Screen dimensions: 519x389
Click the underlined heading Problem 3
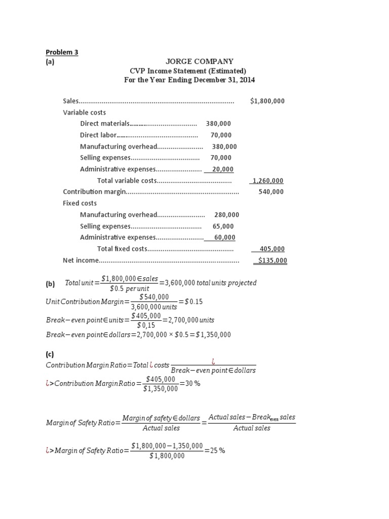[62, 52]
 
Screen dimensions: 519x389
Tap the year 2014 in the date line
[247, 80]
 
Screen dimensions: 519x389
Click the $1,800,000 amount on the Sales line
[267, 101]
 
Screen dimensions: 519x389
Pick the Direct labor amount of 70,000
[221, 135]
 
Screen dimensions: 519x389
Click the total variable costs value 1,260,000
[268, 180]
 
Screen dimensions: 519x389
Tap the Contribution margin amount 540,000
[271, 192]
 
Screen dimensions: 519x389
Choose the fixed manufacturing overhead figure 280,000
[227, 214]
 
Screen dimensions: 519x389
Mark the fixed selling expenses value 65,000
[223, 226]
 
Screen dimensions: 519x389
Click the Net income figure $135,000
[272, 261]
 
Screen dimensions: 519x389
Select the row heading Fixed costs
[80, 203]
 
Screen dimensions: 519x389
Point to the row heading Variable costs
[84, 112]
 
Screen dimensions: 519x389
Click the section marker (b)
[50, 284]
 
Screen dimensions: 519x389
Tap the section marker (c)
[50, 354]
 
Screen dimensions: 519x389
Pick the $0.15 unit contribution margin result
[193, 302]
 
